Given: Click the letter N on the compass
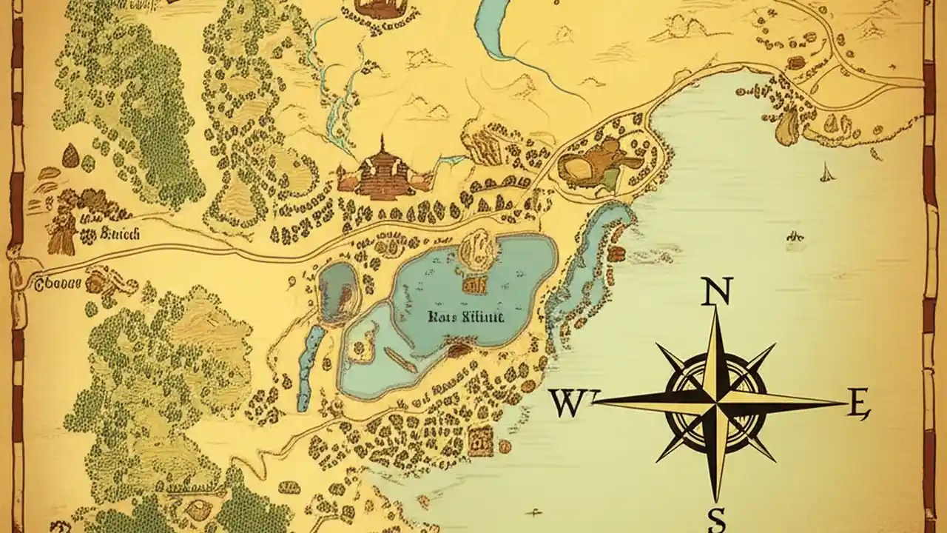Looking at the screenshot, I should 715,292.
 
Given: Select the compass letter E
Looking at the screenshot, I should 857,404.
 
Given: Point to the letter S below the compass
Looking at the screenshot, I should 715,518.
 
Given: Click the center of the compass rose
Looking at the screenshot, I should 715,403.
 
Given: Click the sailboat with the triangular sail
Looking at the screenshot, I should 826,173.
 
